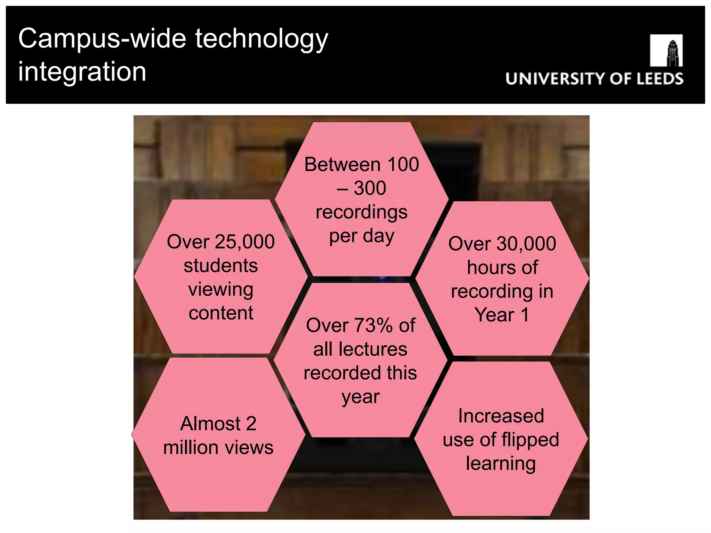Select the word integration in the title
click(x=82, y=72)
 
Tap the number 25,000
click(x=245, y=242)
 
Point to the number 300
click(x=370, y=188)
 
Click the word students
click(x=221, y=266)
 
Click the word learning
click(x=501, y=464)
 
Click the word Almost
click(x=210, y=424)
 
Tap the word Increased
click(x=501, y=416)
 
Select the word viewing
click(x=221, y=290)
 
